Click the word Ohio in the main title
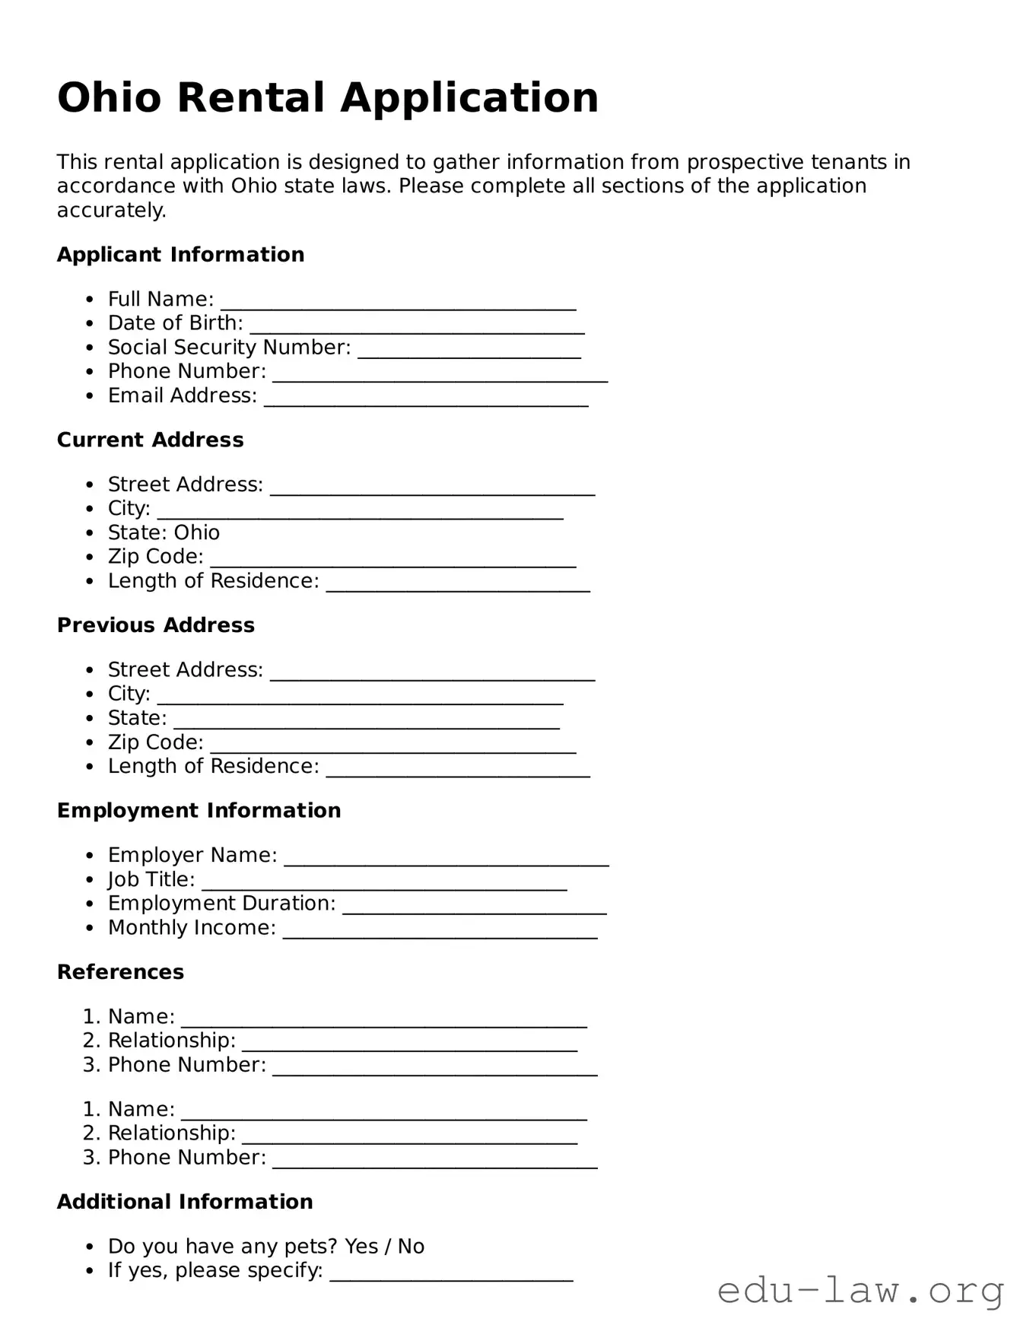click(109, 98)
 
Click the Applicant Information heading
click(180, 255)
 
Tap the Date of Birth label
click(175, 323)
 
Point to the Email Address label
click(182, 396)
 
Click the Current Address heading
click(150, 440)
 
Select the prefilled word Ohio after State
click(197, 532)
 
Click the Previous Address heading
click(155, 625)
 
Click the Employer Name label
click(192, 855)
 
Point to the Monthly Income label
click(191, 928)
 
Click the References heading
click(120, 972)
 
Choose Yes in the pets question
click(361, 1246)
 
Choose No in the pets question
click(411, 1246)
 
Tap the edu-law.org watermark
click(860, 1292)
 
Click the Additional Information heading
click(185, 1202)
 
